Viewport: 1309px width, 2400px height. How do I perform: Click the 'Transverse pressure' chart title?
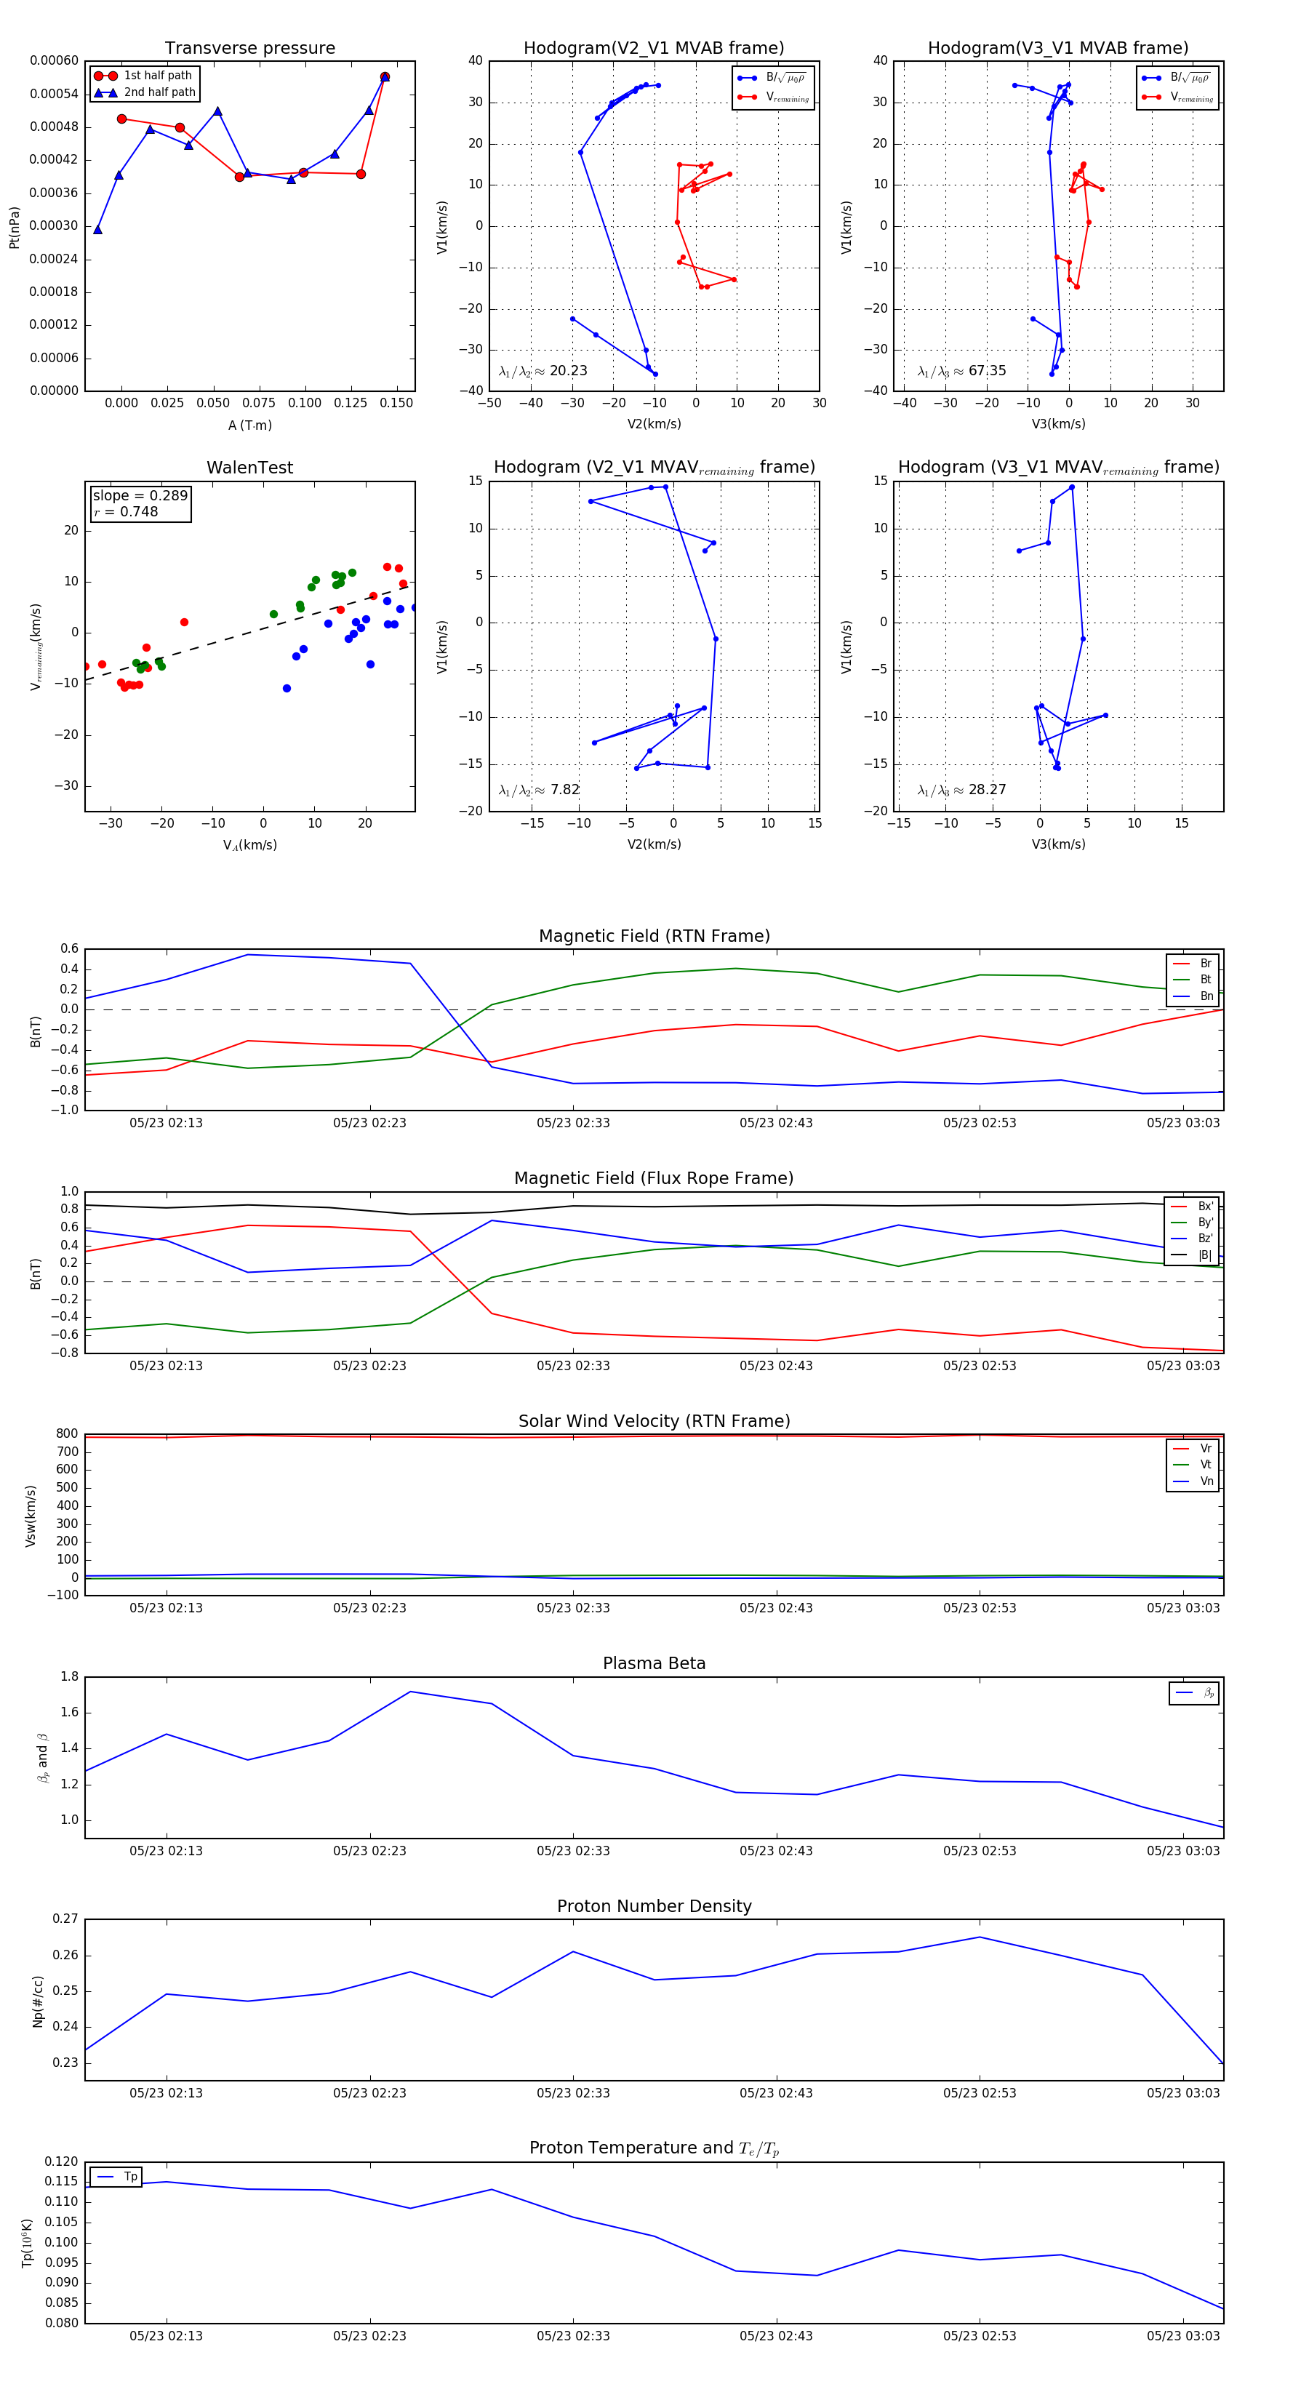click(x=249, y=49)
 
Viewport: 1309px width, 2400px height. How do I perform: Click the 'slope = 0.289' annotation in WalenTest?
click(x=140, y=496)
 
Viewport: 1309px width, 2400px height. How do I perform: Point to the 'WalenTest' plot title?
click(x=249, y=468)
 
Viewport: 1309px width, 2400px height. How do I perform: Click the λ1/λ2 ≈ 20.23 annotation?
click(x=543, y=371)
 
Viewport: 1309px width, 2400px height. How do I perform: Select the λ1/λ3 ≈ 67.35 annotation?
click(x=961, y=371)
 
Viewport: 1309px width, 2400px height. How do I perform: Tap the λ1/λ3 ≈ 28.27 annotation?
click(x=961, y=790)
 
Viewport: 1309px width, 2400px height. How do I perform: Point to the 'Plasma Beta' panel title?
click(x=654, y=1663)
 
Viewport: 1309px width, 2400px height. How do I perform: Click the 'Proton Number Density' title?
click(x=654, y=1906)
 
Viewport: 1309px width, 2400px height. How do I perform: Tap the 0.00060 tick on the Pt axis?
click(x=54, y=60)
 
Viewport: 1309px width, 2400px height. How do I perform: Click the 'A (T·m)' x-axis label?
click(x=249, y=425)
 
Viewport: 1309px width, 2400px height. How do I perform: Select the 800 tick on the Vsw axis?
click(x=67, y=1434)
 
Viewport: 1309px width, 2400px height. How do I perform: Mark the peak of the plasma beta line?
click(x=410, y=1692)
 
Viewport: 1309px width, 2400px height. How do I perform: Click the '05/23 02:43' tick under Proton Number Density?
click(x=776, y=2092)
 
